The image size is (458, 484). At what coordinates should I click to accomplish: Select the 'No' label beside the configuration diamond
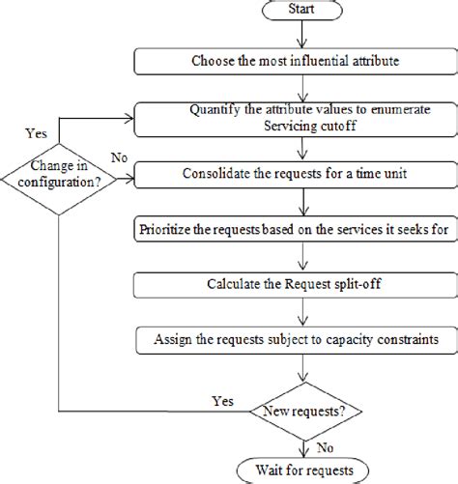(119, 157)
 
